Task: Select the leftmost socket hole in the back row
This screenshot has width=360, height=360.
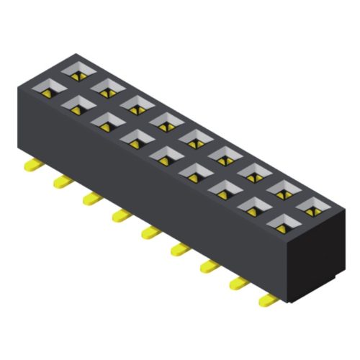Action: [78, 72]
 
